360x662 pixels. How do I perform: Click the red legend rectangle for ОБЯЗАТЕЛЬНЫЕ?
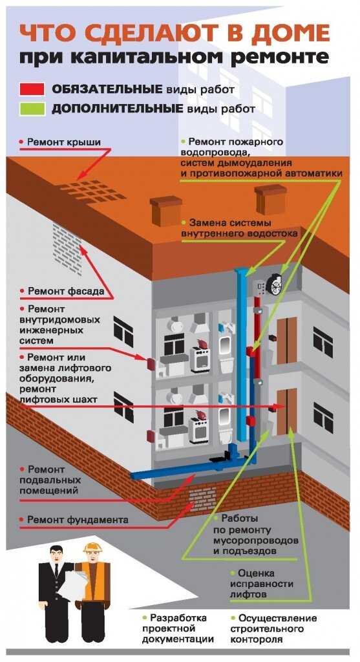31,89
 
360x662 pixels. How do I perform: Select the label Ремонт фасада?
65,291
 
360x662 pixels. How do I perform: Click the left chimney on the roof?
165,211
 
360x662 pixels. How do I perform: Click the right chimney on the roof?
270,198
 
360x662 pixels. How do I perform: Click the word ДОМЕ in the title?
292,32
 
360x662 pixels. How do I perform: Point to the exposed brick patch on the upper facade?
66,242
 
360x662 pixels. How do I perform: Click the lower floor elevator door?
286,410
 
